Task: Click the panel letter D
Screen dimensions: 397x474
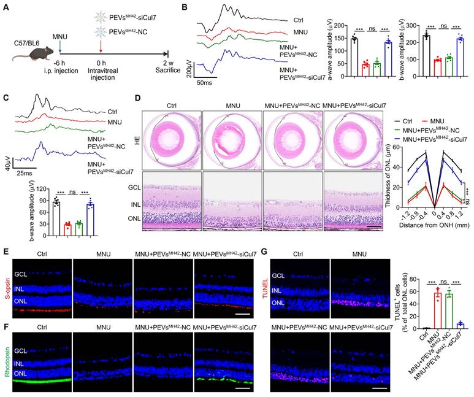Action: click(x=139, y=99)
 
